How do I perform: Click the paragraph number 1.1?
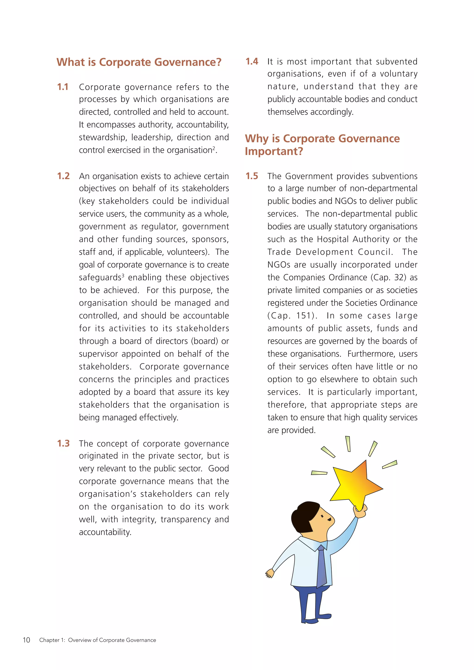(63, 87)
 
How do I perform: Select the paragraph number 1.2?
(63, 176)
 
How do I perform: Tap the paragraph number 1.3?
(63, 443)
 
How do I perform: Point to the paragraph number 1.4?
(252, 62)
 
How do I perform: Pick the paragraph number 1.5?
(252, 176)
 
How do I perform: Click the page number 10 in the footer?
(26, 640)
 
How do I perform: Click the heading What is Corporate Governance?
(139, 62)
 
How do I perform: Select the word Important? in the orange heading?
(274, 151)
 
